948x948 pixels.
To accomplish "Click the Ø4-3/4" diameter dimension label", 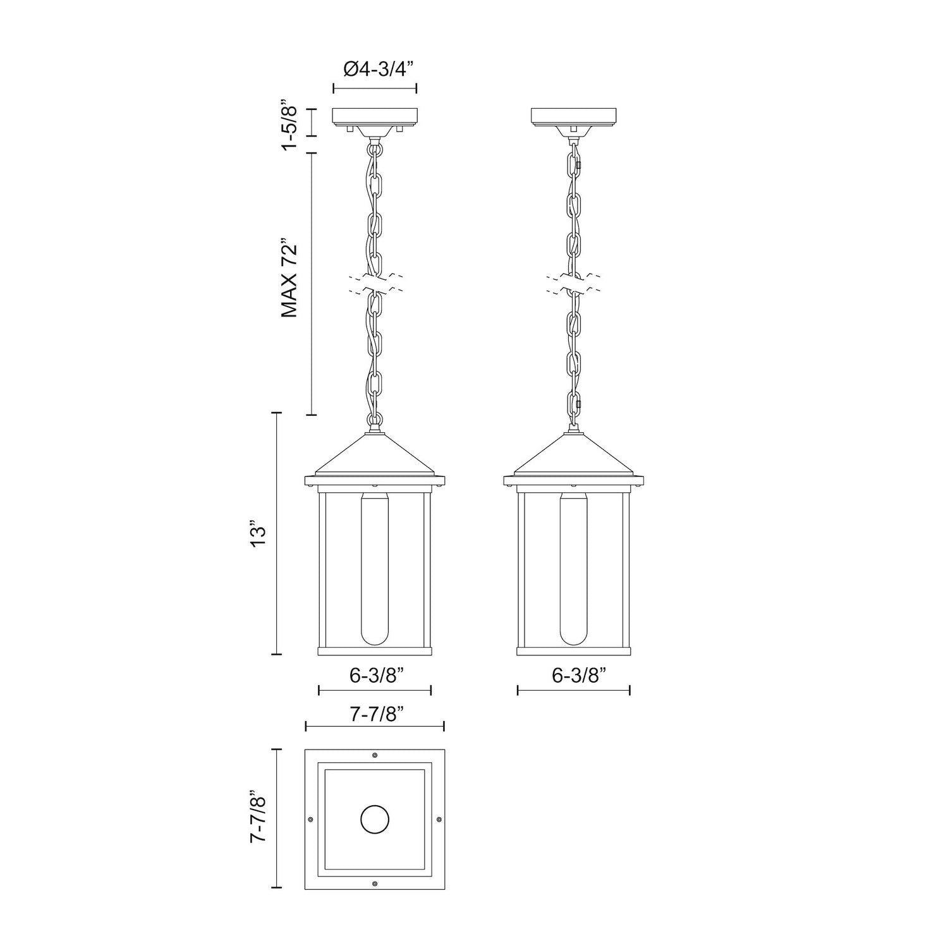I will click(374, 68).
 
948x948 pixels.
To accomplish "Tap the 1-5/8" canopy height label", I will click(289, 125).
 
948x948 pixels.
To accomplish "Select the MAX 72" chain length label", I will click(289, 278).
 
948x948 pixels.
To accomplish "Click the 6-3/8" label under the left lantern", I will click(374, 675).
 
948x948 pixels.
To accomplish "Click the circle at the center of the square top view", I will click(375, 820).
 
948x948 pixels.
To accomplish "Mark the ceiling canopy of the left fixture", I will click(375, 116).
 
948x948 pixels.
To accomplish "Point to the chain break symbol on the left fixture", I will click(375, 283).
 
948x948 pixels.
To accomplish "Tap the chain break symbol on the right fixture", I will click(573, 283).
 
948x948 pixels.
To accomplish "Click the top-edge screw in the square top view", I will click(375, 755).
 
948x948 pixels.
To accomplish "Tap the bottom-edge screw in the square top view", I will click(375, 884).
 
